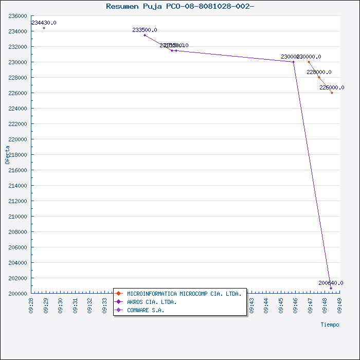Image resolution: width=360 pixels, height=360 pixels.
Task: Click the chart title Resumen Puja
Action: coord(180,6)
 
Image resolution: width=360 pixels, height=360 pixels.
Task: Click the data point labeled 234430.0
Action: coord(44,28)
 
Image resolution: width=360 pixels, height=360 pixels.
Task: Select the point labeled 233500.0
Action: coord(145,35)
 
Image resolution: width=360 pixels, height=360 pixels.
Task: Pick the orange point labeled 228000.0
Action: coord(319,77)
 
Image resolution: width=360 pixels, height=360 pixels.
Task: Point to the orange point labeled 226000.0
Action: coord(332,93)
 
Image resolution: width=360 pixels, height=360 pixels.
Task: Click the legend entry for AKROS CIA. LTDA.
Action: coord(152,302)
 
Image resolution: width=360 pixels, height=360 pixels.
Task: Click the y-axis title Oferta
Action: coord(8,154)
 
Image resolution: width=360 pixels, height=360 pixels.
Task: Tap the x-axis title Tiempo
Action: coord(330,325)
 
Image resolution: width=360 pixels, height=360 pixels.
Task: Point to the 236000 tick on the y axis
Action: coord(18,16)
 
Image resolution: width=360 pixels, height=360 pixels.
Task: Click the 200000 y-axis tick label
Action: coord(18,293)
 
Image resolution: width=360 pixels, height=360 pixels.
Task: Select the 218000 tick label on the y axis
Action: coord(18,155)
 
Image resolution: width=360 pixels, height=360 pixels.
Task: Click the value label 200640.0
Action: coord(331,283)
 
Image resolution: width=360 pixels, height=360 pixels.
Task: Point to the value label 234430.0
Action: coord(44,23)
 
